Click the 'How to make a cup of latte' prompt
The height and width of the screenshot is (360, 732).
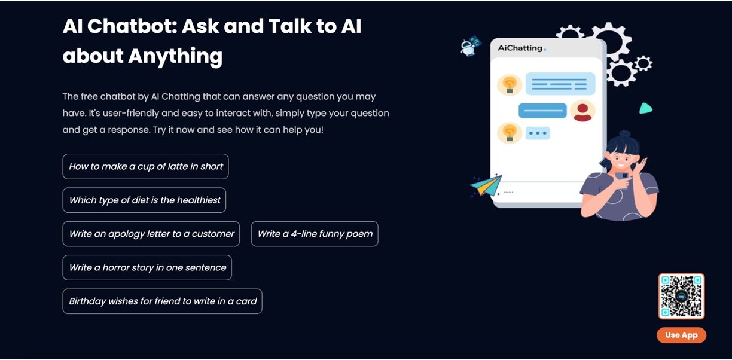(x=145, y=166)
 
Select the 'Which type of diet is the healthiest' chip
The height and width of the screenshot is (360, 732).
(x=144, y=200)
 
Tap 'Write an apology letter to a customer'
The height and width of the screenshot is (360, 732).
(x=151, y=234)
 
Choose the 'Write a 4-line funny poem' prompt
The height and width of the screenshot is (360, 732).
(x=315, y=234)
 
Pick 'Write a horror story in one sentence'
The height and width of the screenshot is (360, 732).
(x=147, y=267)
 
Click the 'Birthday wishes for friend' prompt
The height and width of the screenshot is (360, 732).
(x=163, y=301)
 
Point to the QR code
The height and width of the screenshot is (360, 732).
(x=681, y=296)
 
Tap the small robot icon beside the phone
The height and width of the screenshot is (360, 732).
(x=471, y=46)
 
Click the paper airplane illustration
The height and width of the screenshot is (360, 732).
(x=486, y=185)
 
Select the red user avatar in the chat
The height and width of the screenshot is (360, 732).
(x=582, y=111)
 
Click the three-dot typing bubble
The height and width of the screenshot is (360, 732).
(x=538, y=133)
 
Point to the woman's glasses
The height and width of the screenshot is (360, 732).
(x=623, y=158)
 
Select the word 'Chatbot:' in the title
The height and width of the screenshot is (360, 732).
(x=132, y=26)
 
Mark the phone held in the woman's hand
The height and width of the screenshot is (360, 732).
(x=623, y=179)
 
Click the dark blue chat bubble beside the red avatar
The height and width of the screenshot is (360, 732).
(x=542, y=111)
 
